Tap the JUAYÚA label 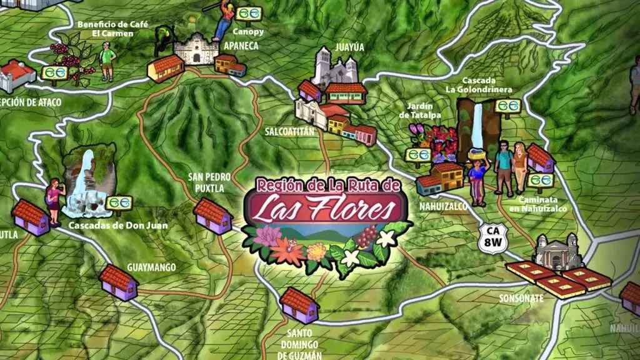tap(331, 46)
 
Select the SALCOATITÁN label tap(288, 132)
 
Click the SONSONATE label tap(521, 298)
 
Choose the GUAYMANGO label tap(151, 267)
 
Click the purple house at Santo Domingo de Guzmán tap(299, 306)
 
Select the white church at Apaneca tap(196, 48)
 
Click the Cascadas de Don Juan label tap(118, 225)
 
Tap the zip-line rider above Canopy tap(224, 22)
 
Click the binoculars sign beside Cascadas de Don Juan tap(119, 202)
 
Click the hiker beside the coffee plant tap(107, 61)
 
